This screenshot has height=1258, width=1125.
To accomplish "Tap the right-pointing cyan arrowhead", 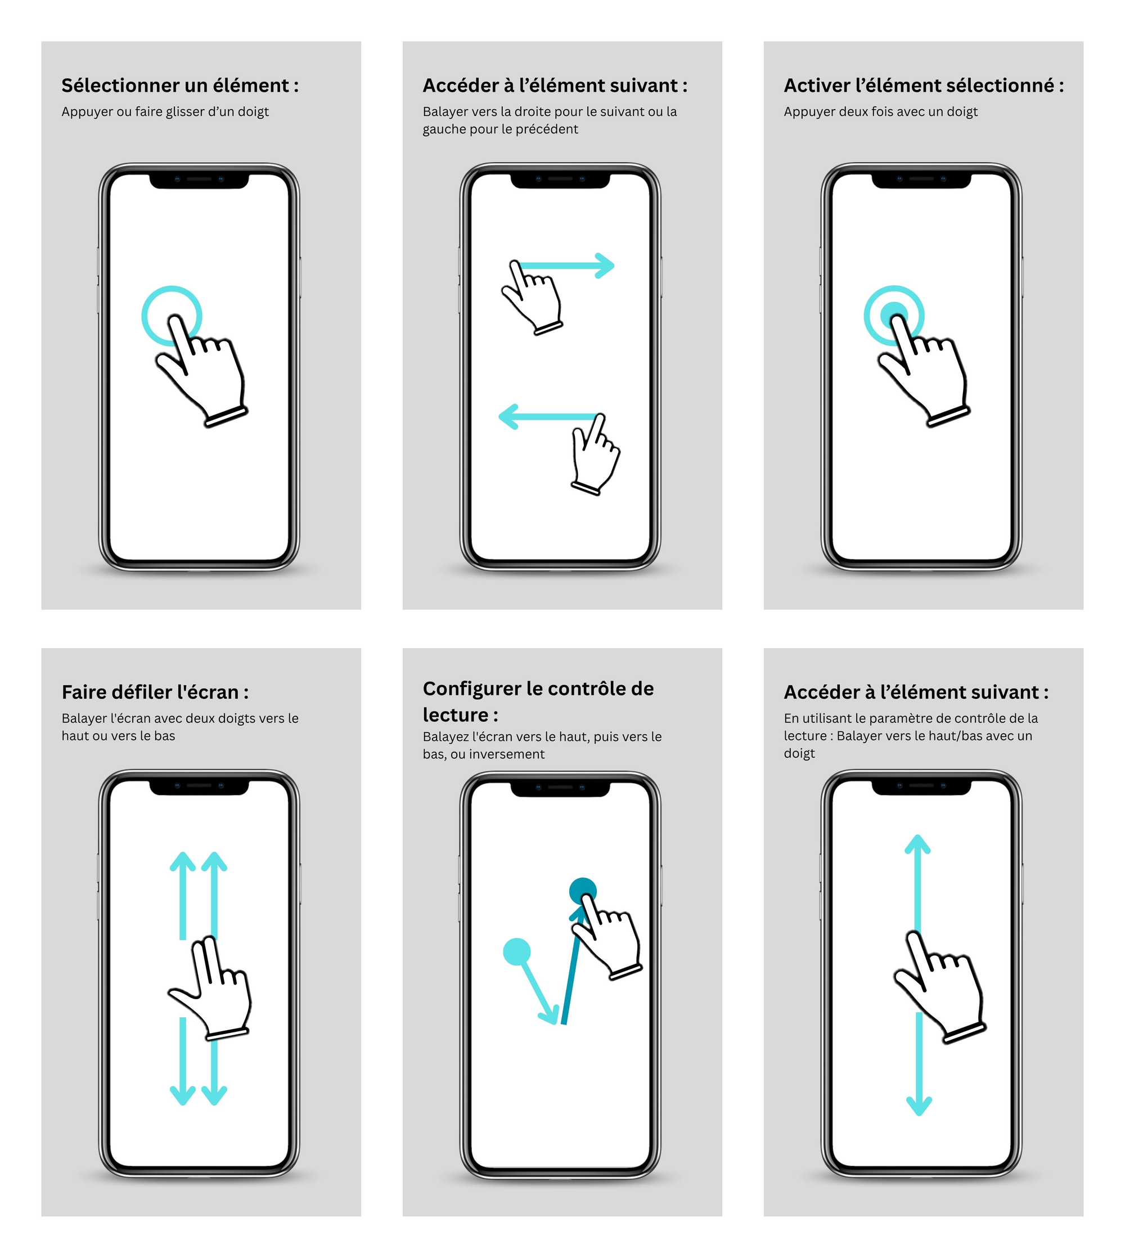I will click(605, 266).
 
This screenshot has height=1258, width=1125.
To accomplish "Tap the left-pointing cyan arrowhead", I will click(508, 417).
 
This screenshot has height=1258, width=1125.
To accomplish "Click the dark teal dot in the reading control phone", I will click(582, 890).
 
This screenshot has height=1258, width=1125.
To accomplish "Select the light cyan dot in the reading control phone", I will click(517, 951).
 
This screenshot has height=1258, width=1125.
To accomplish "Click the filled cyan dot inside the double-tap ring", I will click(893, 312).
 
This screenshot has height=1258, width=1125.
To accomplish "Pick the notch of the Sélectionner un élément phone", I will click(199, 180).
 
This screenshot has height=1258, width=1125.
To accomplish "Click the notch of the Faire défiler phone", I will click(199, 787).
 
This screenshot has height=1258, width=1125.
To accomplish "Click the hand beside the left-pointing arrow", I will click(595, 457).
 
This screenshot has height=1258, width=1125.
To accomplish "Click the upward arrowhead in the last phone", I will click(917, 844).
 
